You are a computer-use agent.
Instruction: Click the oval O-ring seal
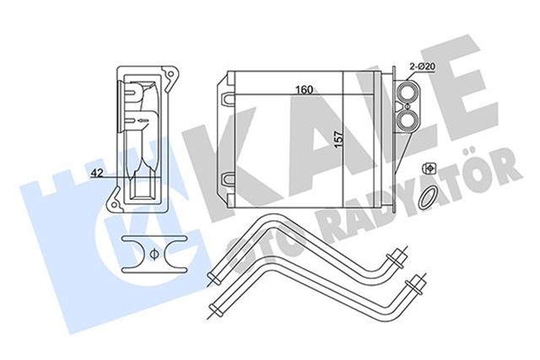(429, 198)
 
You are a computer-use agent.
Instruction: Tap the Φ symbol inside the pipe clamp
(154, 254)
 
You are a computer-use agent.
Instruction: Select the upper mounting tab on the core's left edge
(226, 99)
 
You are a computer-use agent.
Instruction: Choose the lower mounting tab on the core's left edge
(226, 178)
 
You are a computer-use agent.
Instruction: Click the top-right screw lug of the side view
(174, 75)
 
